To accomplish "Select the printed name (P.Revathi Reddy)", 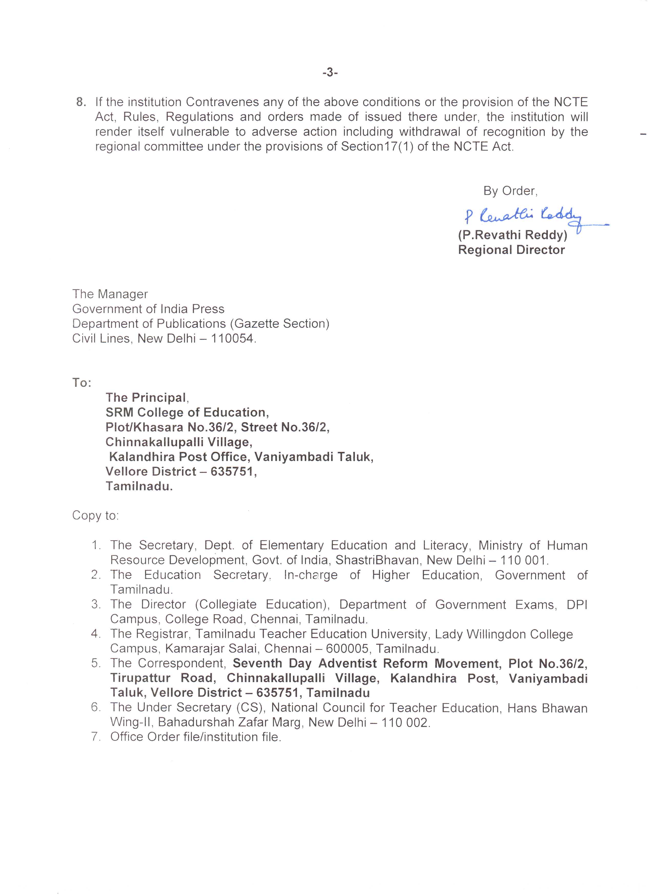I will pos(512,235).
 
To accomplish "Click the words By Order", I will pos(510,191).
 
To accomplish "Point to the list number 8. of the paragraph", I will pos(81,102).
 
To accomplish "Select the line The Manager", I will pos(110,294).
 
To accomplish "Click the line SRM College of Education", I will pos(187,413).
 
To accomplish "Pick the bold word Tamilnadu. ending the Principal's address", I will pos(139,486).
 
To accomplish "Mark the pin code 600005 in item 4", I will pos(347,649).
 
